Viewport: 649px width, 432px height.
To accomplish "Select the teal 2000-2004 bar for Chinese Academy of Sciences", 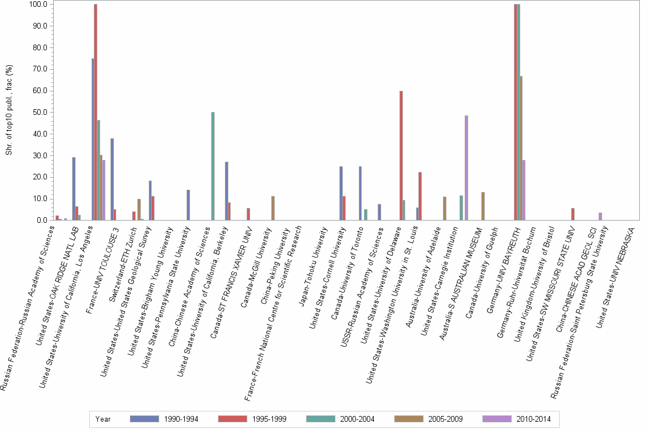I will (213, 166).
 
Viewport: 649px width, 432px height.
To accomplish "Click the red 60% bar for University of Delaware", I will (401, 155).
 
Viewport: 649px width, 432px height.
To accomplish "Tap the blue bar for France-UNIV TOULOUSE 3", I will (112, 179).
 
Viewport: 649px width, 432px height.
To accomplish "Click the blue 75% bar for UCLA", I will (93, 139).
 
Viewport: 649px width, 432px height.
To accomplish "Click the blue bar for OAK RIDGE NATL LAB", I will (74, 189).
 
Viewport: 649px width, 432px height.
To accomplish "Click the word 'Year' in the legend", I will (103, 419).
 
